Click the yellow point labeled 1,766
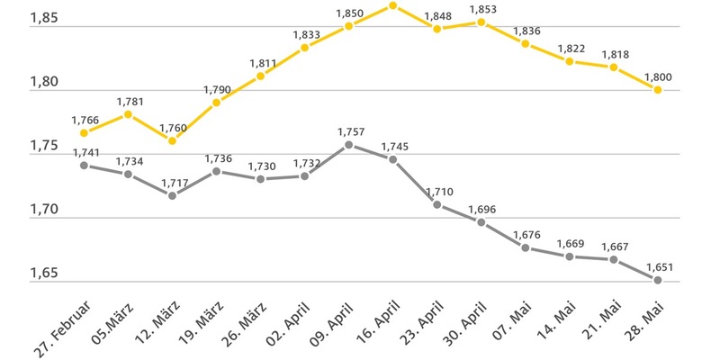pos(84,133)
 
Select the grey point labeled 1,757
pos(348,144)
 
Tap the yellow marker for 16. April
pos(392,5)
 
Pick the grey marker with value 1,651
pos(658,280)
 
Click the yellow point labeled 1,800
pos(658,90)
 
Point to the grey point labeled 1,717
pos(172,195)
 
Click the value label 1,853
pos(481,8)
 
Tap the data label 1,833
pos(304,34)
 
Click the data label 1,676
pos(525,235)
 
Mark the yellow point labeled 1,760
pos(172,140)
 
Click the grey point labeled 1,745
pos(392,159)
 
